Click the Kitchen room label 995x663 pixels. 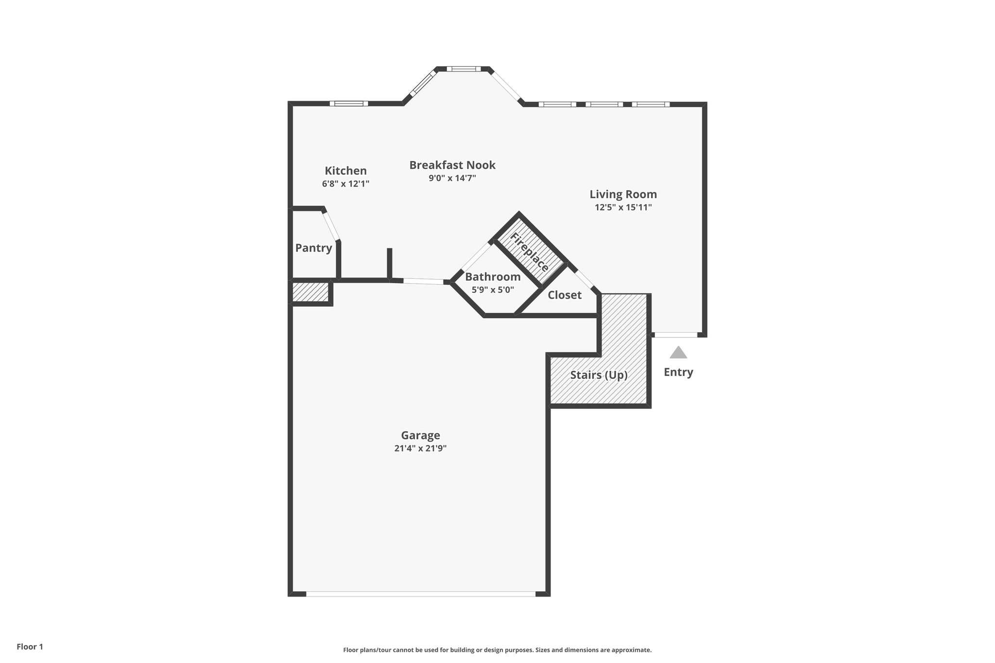(x=345, y=171)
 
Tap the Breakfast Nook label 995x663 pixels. (x=452, y=165)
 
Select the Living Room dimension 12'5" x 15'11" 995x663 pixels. (x=623, y=207)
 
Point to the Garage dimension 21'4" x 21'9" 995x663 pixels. (x=420, y=448)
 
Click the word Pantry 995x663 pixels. (x=313, y=248)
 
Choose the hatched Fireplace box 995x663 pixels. (x=530, y=252)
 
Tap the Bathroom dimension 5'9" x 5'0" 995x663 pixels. (x=493, y=290)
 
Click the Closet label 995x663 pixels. (x=565, y=295)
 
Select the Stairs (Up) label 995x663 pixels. (x=599, y=375)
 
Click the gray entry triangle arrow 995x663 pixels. (x=678, y=353)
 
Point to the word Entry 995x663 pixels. (x=678, y=372)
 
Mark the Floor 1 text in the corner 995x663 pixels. (x=30, y=646)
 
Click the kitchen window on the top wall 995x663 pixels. (x=349, y=103)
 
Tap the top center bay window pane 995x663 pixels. (x=463, y=69)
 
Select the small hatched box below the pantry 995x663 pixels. (x=310, y=292)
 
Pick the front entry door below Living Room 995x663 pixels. (x=676, y=335)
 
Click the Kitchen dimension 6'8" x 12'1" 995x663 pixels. (x=345, y=184)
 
